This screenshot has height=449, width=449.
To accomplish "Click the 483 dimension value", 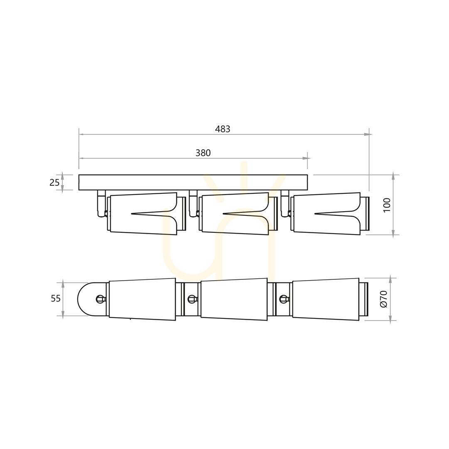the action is coord(222,129).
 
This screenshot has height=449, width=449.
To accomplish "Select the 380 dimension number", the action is coord(203,153).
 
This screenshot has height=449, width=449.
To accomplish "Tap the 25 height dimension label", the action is coord(54,183).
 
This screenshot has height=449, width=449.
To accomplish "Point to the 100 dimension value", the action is coord(387,205).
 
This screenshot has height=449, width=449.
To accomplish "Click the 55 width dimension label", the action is coord(56,299).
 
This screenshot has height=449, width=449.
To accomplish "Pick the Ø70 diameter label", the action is coord(384,299).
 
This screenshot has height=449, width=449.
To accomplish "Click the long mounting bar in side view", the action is coord(193,183).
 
